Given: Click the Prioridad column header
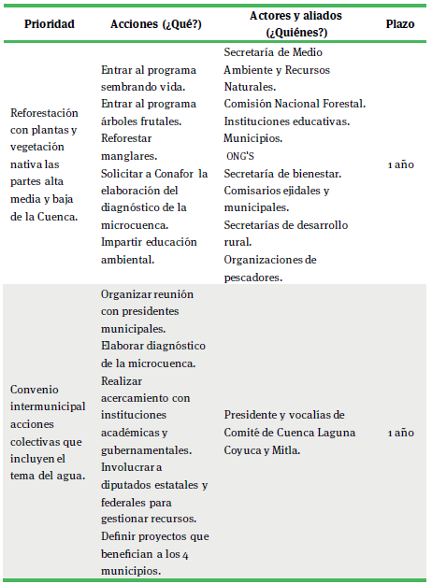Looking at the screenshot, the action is point(50,24).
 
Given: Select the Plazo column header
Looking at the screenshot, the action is point(399,24).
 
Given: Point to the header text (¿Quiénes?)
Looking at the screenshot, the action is point(295,32).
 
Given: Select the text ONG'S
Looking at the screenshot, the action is point(241,155).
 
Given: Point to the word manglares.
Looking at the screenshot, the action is point(127,155).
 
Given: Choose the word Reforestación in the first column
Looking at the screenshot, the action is point(45,112).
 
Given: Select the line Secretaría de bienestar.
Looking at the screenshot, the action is point(282,173).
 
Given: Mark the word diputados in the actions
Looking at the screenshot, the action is point(130,485).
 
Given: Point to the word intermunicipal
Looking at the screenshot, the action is point(49,406).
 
